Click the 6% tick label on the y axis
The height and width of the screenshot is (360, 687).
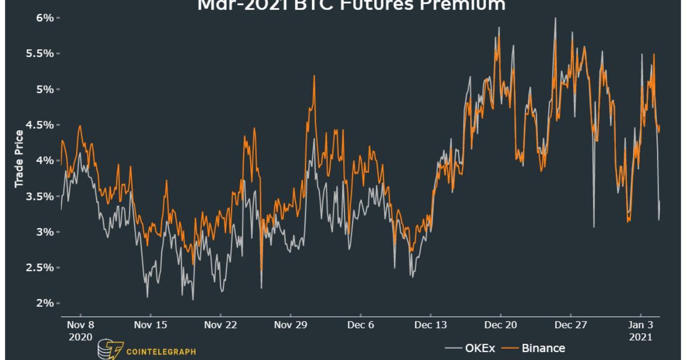tap(45, 18)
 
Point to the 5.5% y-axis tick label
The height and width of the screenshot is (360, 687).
tap(40, 54)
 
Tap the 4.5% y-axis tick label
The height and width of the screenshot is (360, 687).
tap(40, 125)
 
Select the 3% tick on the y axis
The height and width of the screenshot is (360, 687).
tap(45, 232)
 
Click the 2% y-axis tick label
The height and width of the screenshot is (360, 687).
tap(45, 303)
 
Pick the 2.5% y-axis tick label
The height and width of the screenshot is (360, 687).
tap(40, 268)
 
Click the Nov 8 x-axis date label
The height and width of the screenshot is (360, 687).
tap(80, 325)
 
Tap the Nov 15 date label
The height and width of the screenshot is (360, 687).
tap(150, 325)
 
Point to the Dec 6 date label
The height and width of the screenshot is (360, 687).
tap(361, 325)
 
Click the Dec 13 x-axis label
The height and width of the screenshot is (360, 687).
tap(430, 325)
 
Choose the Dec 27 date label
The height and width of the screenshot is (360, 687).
tap(571, 325)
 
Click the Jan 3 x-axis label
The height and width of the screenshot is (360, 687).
tap(641, 325)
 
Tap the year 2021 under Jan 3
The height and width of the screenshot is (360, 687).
tap(641, 337)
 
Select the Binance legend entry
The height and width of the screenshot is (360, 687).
tap(543, 348)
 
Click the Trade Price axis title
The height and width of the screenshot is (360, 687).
tap(19, 159)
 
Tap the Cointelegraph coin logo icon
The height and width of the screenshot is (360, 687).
tap(110, 350)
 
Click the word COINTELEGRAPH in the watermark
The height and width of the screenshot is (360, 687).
tap(161, 352)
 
